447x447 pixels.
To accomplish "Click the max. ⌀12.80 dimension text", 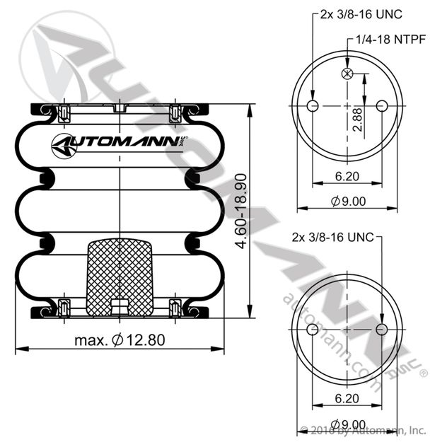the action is [120, 340].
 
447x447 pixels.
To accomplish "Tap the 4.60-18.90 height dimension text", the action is [240, 211].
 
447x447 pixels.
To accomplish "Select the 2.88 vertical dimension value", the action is [357, 120].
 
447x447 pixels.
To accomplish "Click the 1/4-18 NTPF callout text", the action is [391, 40].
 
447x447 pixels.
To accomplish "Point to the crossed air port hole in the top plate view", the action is [347, 74].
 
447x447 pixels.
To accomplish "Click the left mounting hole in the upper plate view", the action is [313, 106].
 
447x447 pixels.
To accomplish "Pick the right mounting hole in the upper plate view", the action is [382, 106].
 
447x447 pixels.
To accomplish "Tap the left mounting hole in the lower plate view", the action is [313, 330].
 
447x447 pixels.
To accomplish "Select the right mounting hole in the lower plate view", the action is [382, 330].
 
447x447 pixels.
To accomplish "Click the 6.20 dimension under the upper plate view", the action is [347, 176].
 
